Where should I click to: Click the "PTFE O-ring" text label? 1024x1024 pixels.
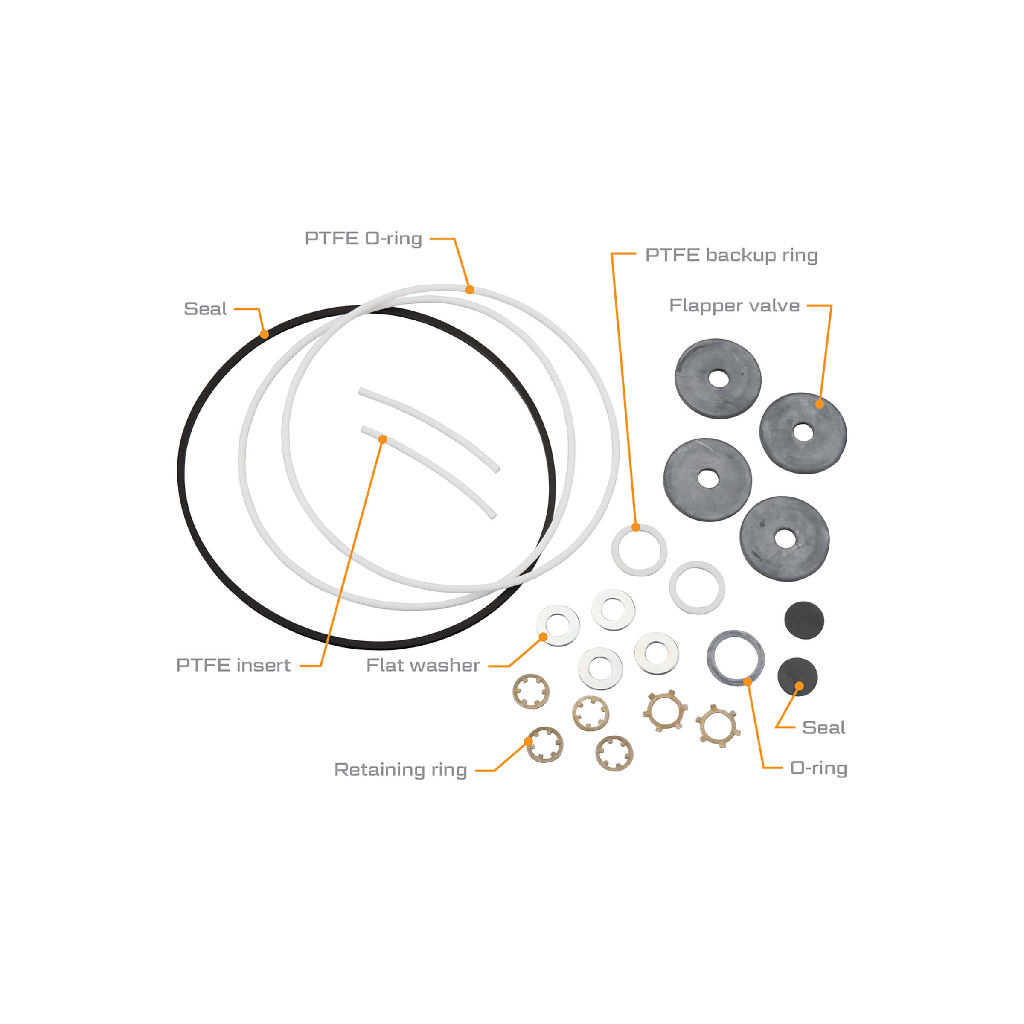(x=363, y=239)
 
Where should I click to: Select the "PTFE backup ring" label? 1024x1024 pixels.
(x=731, y=256)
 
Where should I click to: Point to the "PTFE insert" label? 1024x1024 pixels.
(x=233, y=665)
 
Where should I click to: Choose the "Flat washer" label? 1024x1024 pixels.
(x=423, y=665)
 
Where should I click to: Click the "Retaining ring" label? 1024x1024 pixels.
(x=400, y=770)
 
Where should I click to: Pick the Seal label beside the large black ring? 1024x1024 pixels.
(x=205, y=308)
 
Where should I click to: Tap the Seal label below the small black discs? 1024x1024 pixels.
(x=823, y=727)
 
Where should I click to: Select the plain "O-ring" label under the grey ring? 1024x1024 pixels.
(x=818, y=768)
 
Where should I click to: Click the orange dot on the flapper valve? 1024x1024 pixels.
(x=819, y=404)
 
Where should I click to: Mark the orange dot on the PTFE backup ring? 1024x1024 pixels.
(x=636, y=527)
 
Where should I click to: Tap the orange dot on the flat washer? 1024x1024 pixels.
(x=543, y=637)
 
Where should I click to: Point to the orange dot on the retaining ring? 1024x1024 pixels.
(x=529, y=741)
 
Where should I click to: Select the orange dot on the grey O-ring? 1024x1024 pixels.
(x=748, y=682)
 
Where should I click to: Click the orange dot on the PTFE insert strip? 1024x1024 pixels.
(x=383, y=439)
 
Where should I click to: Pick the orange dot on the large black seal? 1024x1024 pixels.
(x=265, y=335)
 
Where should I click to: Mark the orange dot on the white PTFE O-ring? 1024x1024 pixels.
(x=470, y=289)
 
